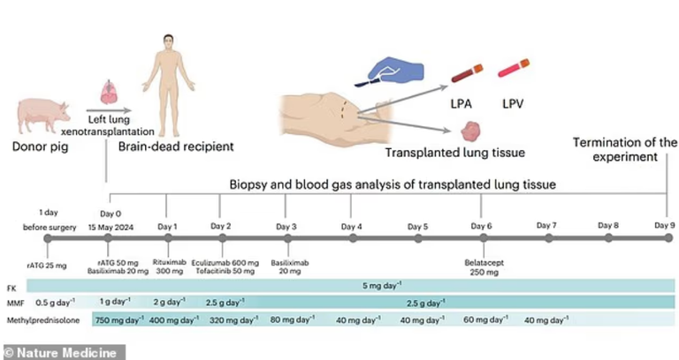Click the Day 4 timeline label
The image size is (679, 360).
pyautogui.click(x=351, y=226)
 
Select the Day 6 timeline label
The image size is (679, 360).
pyautogui.click(x=483, y=226)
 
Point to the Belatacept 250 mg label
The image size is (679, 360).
pyautogui.click(x=483, y=267)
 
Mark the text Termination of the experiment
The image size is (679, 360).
pyautogui.click(x=624, y=150)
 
